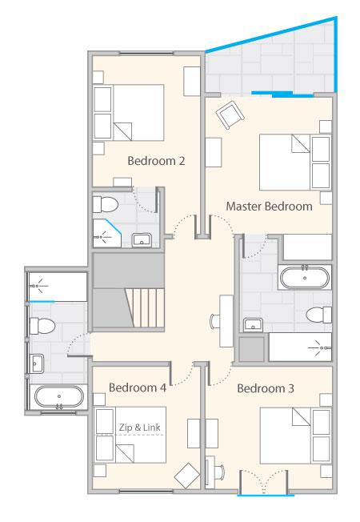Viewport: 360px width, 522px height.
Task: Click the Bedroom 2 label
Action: [x=156, y=161]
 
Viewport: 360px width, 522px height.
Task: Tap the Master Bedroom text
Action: [x=269, y=206]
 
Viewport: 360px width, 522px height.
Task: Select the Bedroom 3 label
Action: [x=266, y=388]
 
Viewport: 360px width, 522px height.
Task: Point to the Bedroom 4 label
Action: [x=138, y=387]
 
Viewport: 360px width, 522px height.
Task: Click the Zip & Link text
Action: [x=140, y=427]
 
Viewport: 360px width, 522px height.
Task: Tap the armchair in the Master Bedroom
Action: [x=230, y=114]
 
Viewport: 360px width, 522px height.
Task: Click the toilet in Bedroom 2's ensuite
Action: [x=105, y=204]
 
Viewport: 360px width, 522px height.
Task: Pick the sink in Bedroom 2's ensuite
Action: [x=142, y=240]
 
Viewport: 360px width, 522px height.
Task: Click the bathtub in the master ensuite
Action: [x=305, y=278]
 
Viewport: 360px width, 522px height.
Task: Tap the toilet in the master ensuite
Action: [x=318, y=315]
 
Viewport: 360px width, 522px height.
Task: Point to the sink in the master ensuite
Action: [x=253, y=325]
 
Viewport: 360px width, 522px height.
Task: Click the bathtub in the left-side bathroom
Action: [x=59, y=396]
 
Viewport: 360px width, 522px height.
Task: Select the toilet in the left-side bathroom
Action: [x=42, y=326]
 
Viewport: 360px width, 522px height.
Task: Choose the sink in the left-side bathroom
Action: [x=37, y=363]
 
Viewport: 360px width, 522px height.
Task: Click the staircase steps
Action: [x=145, y=308]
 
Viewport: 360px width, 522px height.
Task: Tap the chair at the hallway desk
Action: [x=214, y=321]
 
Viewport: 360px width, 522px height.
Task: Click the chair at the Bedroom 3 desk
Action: [x=219, y=472]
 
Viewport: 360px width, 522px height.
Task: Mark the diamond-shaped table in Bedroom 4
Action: [x=187, y=476]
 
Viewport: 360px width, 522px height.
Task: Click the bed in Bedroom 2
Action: [x=129, y=113]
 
